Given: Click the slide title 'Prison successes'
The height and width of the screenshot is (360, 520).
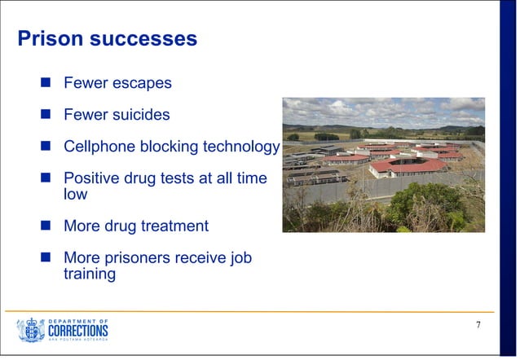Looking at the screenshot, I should click(x=108, y=38).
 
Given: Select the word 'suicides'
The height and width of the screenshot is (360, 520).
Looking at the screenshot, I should click(x=139, y=115).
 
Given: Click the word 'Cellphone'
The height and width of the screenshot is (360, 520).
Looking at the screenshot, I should click(x=100, y=147).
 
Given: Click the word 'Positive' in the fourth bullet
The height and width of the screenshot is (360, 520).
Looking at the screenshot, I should click(x=93, y=178).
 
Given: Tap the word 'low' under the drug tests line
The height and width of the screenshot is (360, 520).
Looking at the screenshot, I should click(x=75, y=195).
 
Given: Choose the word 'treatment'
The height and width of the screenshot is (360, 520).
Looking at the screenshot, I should click(x=172, y=226).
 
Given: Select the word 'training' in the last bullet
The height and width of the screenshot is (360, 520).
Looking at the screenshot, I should click(x=90, y=274).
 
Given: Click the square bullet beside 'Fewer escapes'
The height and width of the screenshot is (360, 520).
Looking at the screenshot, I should click(x=47, y=83).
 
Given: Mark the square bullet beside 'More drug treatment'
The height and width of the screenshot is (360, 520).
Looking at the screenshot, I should click(x=47, y=226).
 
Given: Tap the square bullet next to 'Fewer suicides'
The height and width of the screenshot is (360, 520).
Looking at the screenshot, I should click(x=47, y=115).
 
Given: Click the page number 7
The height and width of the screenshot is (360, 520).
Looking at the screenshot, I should click(x=478, y=326).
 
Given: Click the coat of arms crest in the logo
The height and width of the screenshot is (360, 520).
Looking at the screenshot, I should click(x=31, y=330).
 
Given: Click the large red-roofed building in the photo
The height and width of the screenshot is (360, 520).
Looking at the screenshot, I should click(x=408, y=165).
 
